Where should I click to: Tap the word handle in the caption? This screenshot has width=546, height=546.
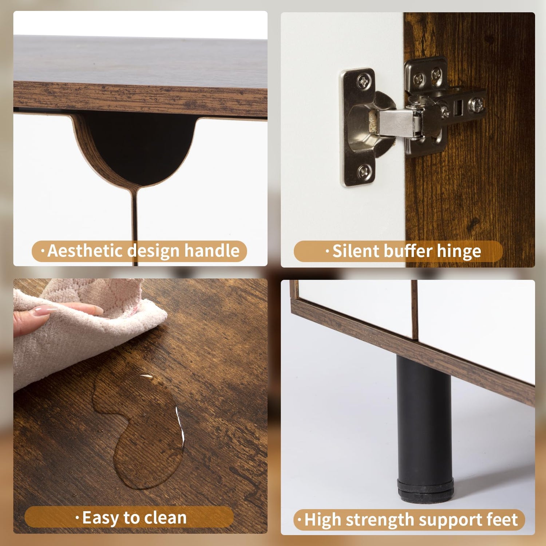point(212,250)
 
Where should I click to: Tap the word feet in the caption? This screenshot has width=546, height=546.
point(503,519)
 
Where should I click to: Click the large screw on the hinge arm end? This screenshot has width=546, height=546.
point(475,105)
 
